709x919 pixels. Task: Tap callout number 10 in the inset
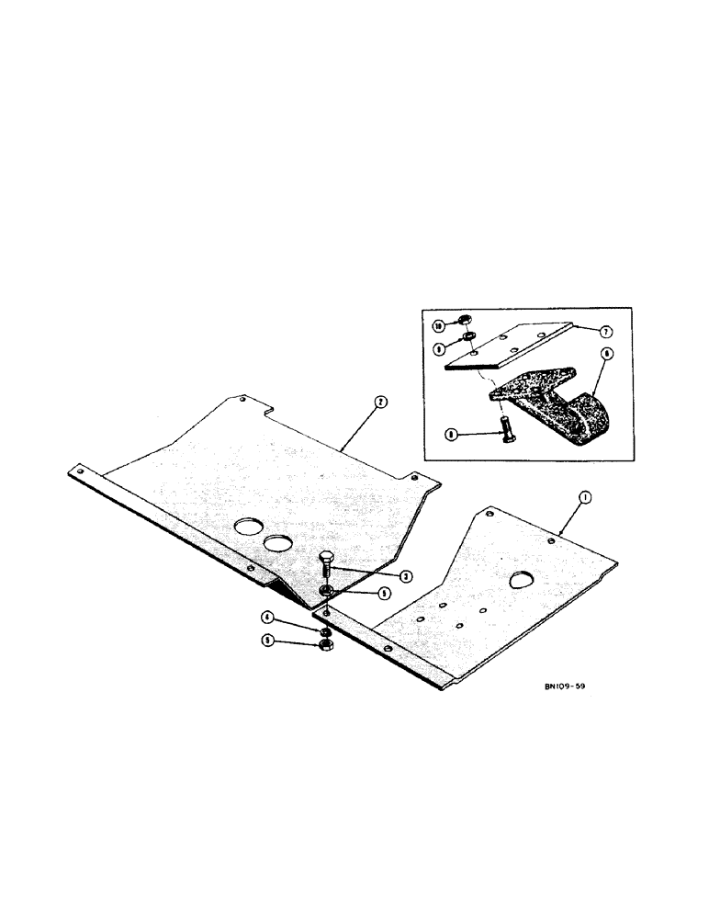[x=439, y=325]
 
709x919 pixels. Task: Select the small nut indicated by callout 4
[x=325, y=632]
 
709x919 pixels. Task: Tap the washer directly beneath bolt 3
[x=327, y=591]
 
